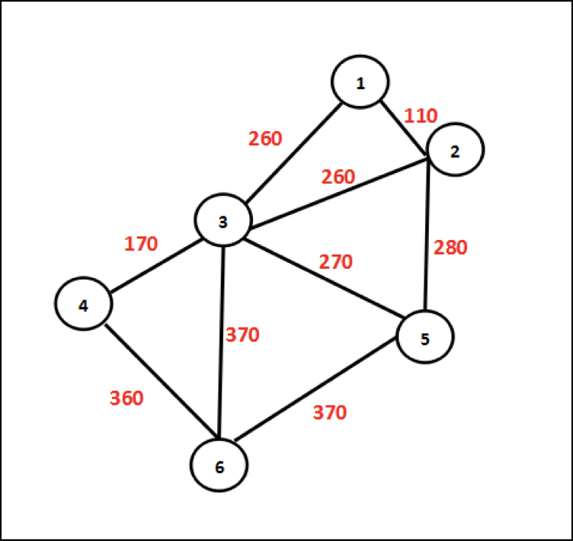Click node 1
(360, 82)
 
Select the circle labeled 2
(455, 151)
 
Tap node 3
(222, 222)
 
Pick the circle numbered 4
(83, 305)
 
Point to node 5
(425, 338)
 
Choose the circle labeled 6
(219, 466)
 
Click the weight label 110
(421, 117)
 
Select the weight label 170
(141, 245)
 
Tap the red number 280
(450, 248)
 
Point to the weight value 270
(336, 263)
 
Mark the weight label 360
(126, 399)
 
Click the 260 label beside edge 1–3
(265, 139)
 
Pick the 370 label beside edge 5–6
(329, 413)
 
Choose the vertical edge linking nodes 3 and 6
(221, 343)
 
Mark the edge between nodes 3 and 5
(320, 277)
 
